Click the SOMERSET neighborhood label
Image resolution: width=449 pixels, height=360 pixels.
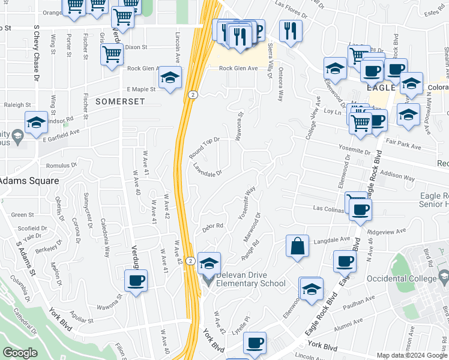click(x=120, y=102)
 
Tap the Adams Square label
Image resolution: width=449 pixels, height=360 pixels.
click(x=29, y=180)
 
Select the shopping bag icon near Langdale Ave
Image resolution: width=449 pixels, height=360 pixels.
click(x=297, y=246)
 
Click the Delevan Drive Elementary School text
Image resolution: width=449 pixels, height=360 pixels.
click(x=251, y=279)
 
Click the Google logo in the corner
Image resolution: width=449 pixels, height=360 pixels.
click(x=20, y=353)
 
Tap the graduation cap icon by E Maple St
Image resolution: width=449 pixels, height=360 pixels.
click(x=170, y=78)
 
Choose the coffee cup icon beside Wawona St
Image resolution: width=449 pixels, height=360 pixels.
click(x=136, y=280)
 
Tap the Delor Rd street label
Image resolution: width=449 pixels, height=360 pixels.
click(x=213, y=226)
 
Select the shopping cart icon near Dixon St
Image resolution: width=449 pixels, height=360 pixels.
click(x=112, y=55)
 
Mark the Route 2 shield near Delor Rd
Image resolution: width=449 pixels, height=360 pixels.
click(x=190, y=260)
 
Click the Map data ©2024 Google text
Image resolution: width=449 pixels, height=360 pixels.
click(x=411, y=355)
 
